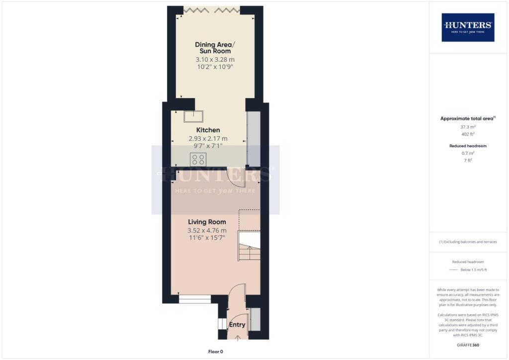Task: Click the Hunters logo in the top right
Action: tap(468, 27)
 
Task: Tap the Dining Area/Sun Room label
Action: tap(215, 48)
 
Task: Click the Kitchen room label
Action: tap(207, 130)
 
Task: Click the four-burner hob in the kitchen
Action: tap(198, 159)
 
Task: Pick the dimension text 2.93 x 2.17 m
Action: tap(207, 139)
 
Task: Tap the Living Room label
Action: tap(207, 222)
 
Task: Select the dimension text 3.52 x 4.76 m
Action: tap(207, 230)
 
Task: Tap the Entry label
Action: tap(237, 325)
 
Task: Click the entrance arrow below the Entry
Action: tap(237, 338)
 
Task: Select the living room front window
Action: tap(195, 299)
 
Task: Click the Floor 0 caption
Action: tap(215, 352)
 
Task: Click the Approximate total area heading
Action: tap(467, 118)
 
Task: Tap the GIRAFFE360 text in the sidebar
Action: tap(467, 345)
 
